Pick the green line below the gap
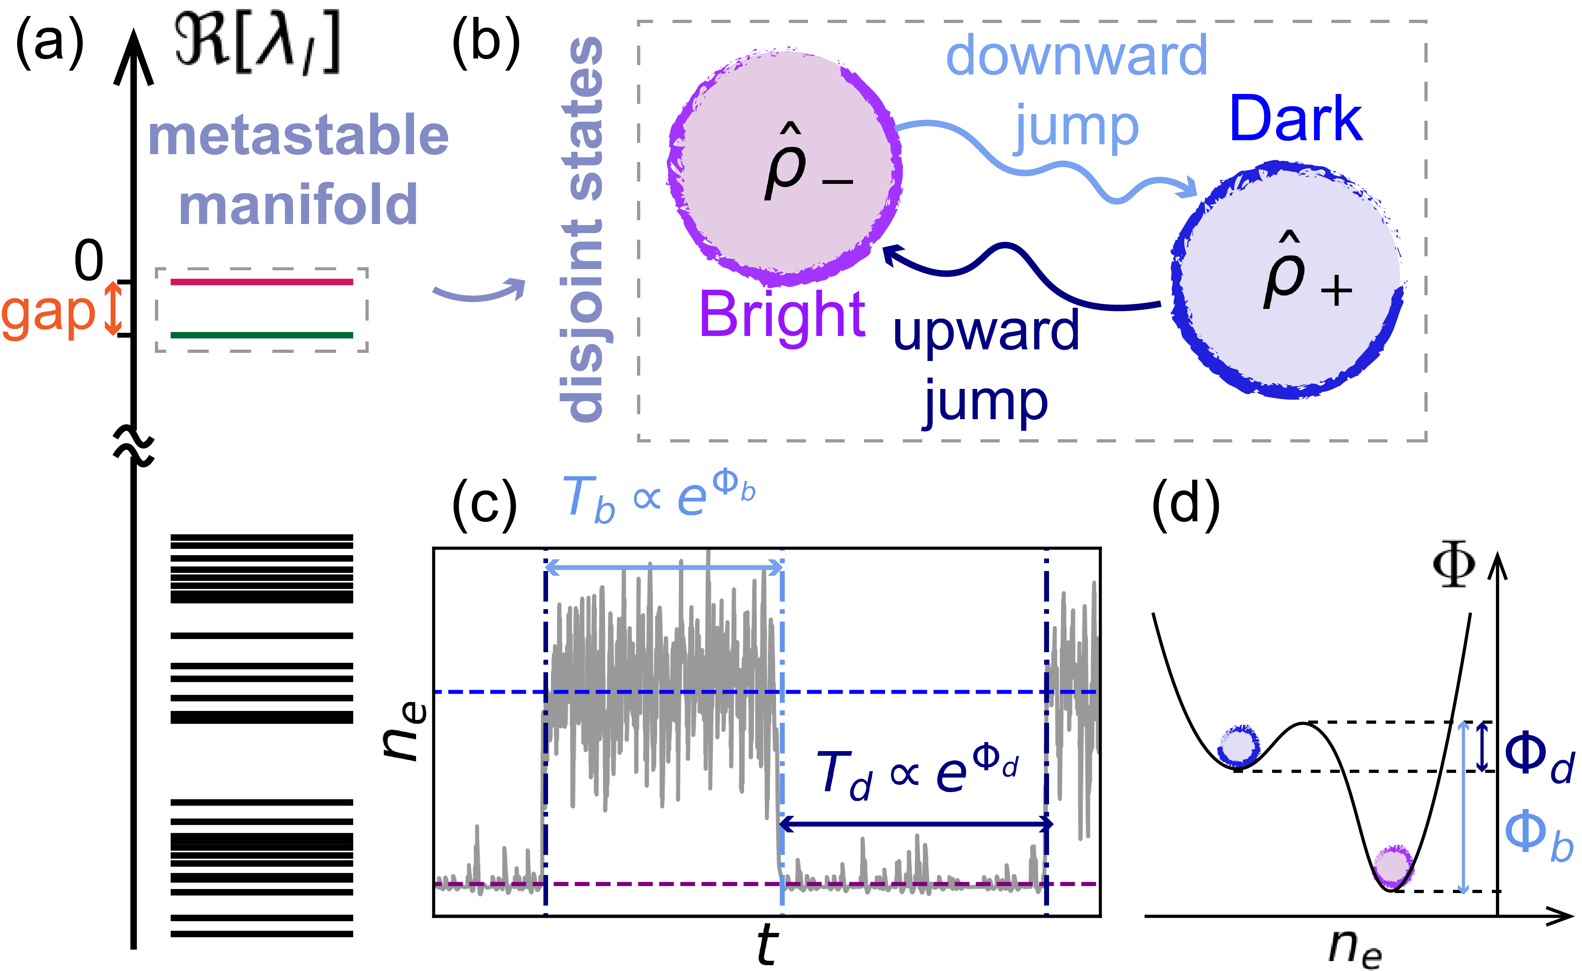tap(261, 335)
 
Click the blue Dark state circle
tap(1287, 281)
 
